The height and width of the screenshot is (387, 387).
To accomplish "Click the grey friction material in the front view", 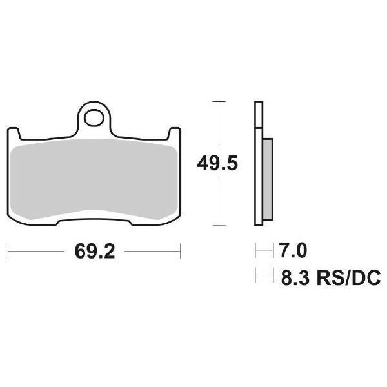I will (x=95, y=181).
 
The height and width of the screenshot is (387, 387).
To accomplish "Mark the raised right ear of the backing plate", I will (x=175, y=133).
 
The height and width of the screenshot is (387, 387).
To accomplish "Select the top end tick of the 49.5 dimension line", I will (x=220, y=102).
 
